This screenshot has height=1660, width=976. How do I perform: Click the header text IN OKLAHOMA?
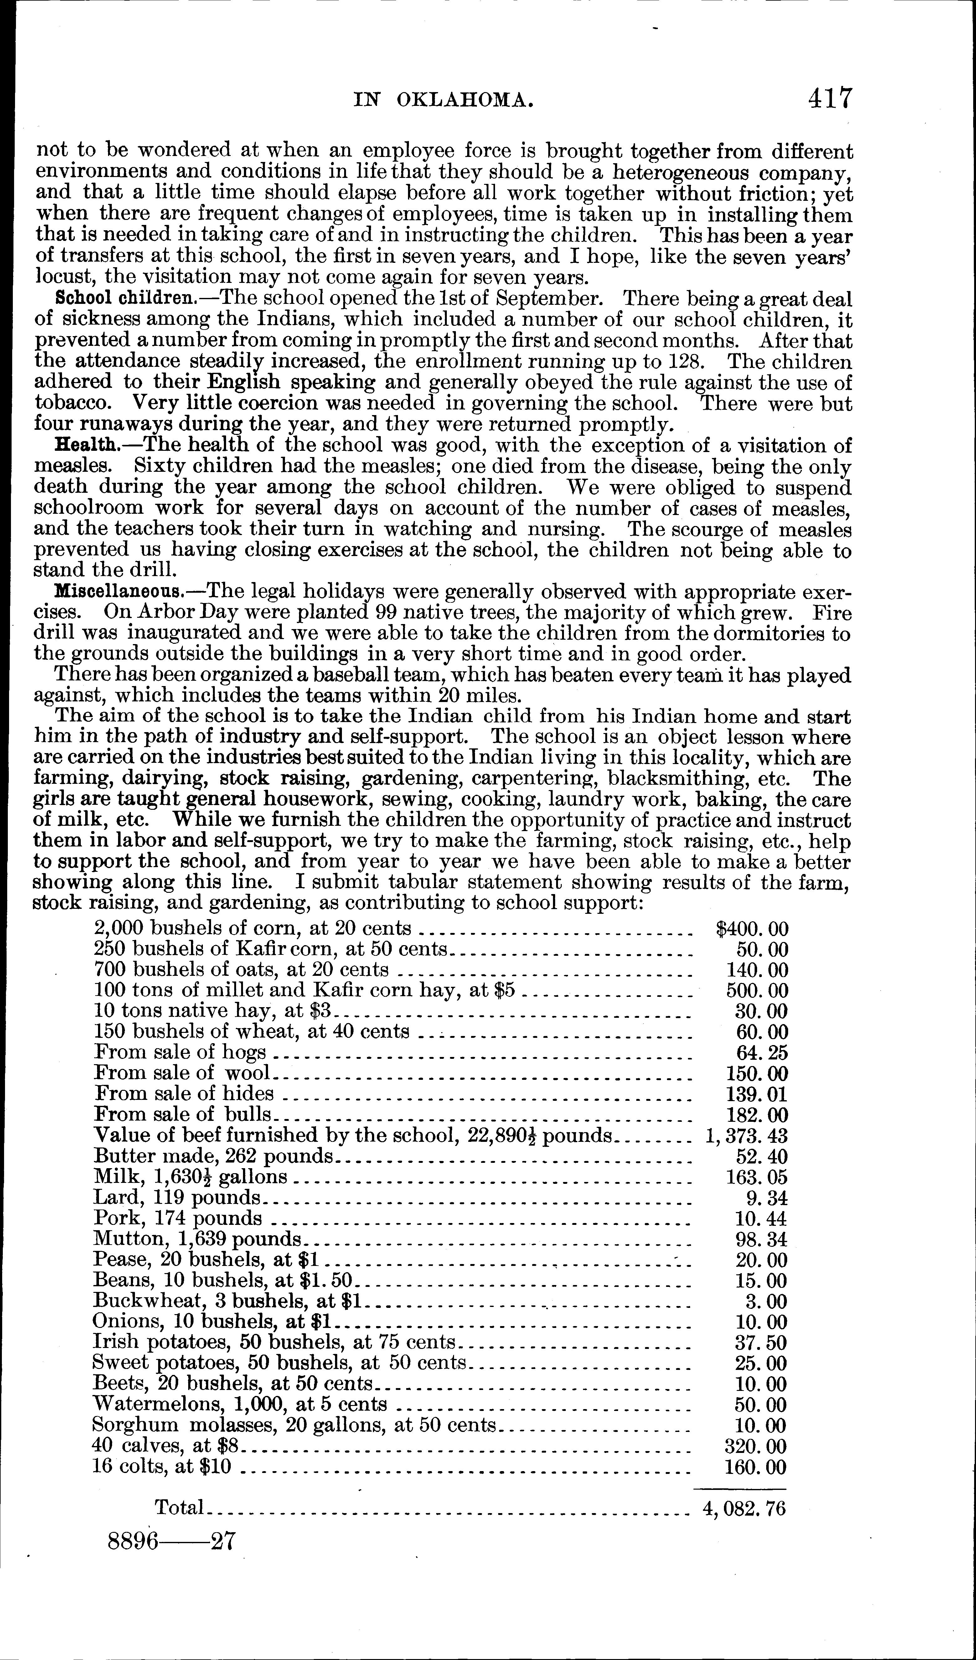pyautogui.click(x=442, y=100)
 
